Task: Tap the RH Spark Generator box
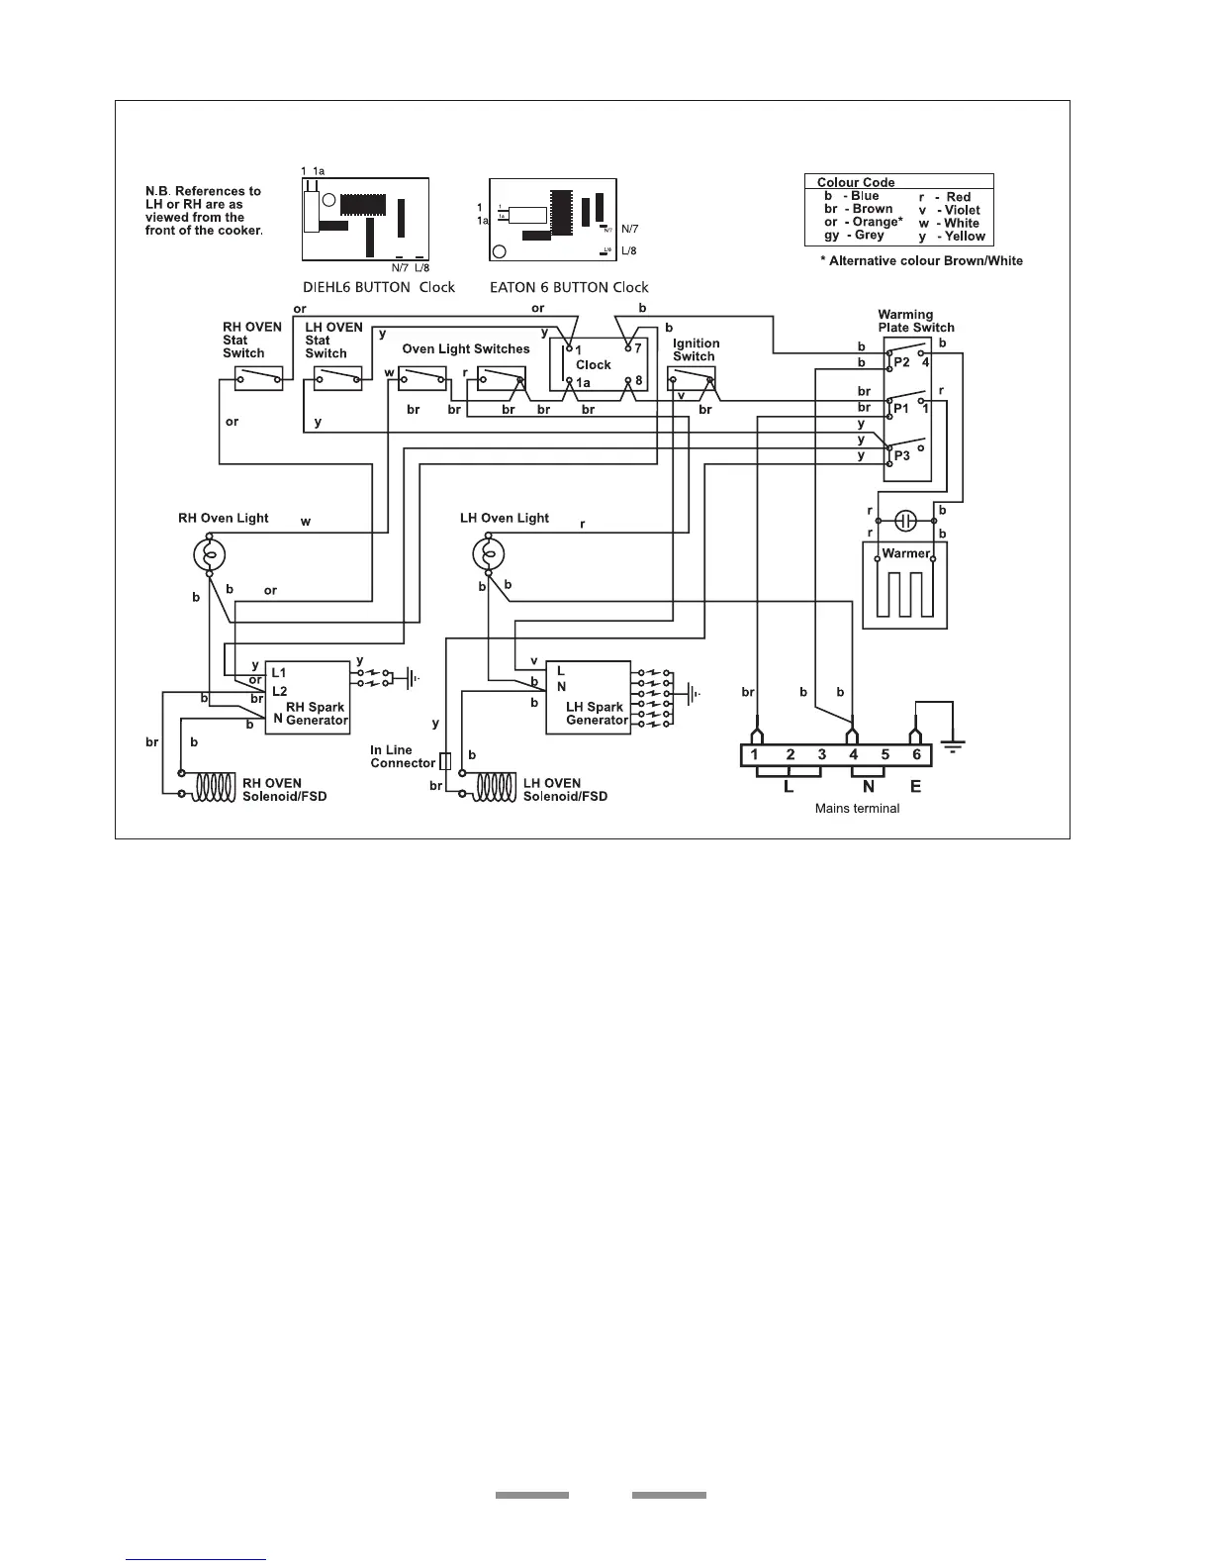pyautogui.click(x=308, y=697)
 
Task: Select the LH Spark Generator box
pyautogui.click(x=588, y=698)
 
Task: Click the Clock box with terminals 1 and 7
pyautogui.click(x=599, y=364)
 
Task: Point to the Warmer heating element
pyautogui.click(x=905, y=586)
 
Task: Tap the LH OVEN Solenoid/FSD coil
pyautogui.click(x=493, y=787)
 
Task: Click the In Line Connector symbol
pyautogui.click(x=445, y=761)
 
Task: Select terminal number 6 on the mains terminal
pyautogui.click(x=916, y=755)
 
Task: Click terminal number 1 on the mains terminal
pyautogui.click(x=755, y=755)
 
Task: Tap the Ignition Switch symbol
pyautogui.click(x=692, y=379)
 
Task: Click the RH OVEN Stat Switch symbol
pyautogui.click(x=259, y=378)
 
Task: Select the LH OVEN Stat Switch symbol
pyautogui.click(x=337, y=378)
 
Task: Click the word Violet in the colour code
pyautogui.click(x=962, y=210)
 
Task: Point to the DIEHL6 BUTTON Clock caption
pyautogui.click(x=378, y=287)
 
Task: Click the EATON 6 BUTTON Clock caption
pyautogui.click(x=569, y=287)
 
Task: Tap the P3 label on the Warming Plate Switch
pyautogui.click(x=901, y=456)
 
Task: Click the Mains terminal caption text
pyautogui.click(x=857, y=809)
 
